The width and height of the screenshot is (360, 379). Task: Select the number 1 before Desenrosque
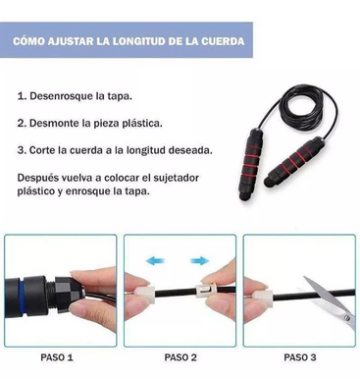22,97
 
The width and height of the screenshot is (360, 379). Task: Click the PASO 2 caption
180,357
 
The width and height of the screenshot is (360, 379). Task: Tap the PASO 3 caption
299,357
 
